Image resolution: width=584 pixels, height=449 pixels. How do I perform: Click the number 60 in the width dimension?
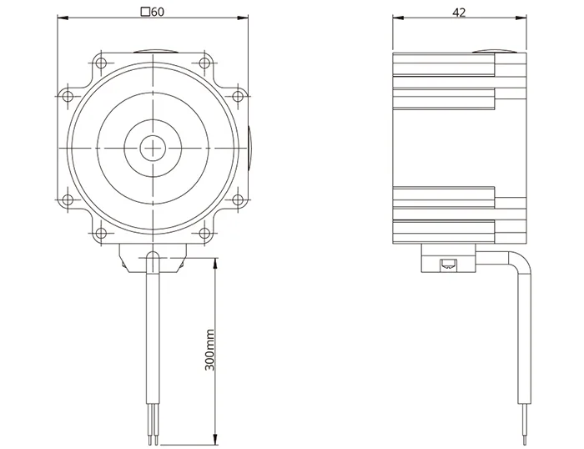(x=158, y=12)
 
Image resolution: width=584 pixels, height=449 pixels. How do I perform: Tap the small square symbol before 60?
(x=146, y=12)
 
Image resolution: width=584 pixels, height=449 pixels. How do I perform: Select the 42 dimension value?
(x=459, y=13)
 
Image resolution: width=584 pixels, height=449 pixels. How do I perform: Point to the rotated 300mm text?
(x=209, y=350)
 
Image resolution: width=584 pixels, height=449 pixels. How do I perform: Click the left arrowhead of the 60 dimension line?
(x=63, y=18)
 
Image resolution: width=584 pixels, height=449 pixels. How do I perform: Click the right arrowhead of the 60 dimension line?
(x=243, y=18)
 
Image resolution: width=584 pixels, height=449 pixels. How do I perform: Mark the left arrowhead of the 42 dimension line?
(x=399, y=18)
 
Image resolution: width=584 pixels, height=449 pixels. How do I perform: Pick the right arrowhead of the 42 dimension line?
(x=521, y=18)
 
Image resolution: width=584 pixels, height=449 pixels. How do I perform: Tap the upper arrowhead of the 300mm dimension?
(x=215, y=263)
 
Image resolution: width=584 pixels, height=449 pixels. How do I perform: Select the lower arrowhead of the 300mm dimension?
(x=215, y=439)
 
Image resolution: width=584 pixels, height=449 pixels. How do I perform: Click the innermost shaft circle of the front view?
(x=153, y=148)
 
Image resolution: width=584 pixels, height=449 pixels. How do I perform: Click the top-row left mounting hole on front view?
(x=101, y=63)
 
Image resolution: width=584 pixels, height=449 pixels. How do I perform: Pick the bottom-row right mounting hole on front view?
(x=204, y=234)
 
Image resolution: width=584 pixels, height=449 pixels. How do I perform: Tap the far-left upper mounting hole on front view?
(x=67, y=96)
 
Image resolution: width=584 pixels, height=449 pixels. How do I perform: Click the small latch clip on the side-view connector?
(x=449, y=265)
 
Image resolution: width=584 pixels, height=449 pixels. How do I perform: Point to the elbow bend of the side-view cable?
(x=522, y=260)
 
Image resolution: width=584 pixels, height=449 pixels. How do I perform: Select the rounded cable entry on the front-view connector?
(x=153, y=258)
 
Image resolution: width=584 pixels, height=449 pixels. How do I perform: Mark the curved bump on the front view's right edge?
(x=249, y=148)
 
